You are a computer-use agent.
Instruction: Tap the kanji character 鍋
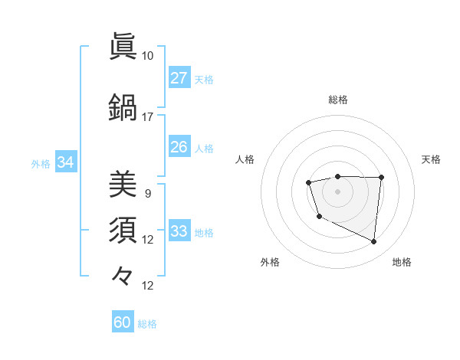123,108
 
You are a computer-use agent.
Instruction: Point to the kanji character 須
123,230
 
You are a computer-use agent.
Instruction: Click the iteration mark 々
123,275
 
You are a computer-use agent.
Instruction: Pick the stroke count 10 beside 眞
147,56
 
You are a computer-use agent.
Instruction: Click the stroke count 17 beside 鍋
147,117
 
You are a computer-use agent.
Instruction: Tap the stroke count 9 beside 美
147,193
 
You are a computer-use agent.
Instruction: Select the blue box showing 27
179,78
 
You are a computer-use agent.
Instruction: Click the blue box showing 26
179,147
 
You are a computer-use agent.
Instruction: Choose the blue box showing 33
179,231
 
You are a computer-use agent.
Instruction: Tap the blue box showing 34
65,162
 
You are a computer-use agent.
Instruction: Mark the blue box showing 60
123,322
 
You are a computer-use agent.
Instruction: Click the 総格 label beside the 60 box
147,324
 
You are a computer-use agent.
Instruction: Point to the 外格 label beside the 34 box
41,163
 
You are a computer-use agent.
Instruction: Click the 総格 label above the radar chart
337,100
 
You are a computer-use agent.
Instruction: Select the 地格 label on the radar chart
402,262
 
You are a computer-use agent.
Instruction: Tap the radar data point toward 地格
374,242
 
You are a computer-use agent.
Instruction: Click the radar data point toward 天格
382,178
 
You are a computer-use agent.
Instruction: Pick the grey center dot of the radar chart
337,191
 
